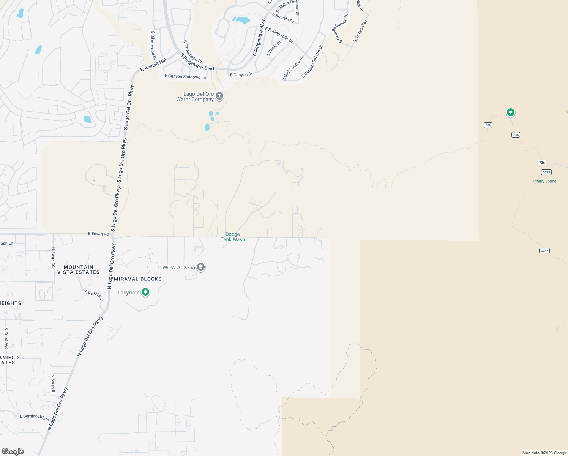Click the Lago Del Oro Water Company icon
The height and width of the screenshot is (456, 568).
[219, 97]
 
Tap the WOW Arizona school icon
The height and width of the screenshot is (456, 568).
[201, 268]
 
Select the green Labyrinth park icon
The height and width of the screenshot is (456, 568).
[145, 292]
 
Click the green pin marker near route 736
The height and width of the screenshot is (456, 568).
[511, 112]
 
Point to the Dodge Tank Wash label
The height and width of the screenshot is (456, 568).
[233, 237]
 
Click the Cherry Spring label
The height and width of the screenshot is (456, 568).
[544, 181]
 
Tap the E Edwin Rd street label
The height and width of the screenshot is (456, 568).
[98, 234]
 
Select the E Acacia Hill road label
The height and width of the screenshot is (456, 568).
[153, 65]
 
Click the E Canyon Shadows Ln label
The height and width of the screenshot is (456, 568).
[185, 76]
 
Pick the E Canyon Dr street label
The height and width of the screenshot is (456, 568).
[241, 74]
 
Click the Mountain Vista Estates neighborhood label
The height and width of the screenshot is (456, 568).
[79, 270]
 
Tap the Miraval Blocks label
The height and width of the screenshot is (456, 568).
[138, 279]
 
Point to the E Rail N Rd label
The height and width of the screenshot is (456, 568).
[93, 294]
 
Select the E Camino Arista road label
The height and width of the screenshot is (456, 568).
[35, 417]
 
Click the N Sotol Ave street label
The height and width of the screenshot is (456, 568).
[6, 339]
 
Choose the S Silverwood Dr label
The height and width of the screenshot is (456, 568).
[153, 46]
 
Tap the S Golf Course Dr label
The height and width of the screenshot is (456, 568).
[293, 69]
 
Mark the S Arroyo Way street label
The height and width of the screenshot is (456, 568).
[360, 31]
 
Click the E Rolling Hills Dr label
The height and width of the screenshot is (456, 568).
[279, 35]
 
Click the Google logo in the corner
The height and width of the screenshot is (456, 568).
[13, 451]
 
